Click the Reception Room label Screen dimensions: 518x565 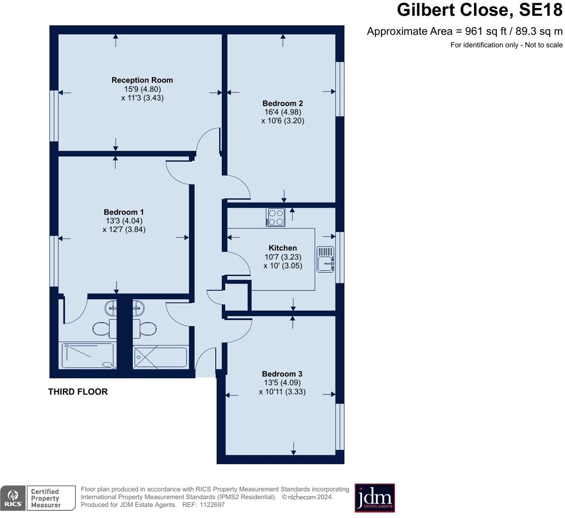point(142,80)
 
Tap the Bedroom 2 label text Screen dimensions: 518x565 point(282,103)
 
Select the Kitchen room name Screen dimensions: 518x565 point(282,248)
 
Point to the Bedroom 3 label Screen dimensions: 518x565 point(282,374)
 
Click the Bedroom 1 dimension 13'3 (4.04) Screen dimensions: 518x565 point(124,221)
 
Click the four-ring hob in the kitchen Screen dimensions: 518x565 point(275,217)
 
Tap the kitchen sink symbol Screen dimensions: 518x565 point(325,259)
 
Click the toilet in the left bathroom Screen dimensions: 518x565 point(101,328)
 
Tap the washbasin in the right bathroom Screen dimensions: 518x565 point(138,308)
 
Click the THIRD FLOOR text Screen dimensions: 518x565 point(78,392)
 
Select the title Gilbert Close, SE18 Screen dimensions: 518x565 point(479,10)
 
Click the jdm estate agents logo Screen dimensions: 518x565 point(374,498)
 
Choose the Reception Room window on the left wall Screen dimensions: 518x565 point(54,116)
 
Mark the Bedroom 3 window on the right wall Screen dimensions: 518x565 point(339,426)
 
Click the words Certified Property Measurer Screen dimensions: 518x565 point(46,498)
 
